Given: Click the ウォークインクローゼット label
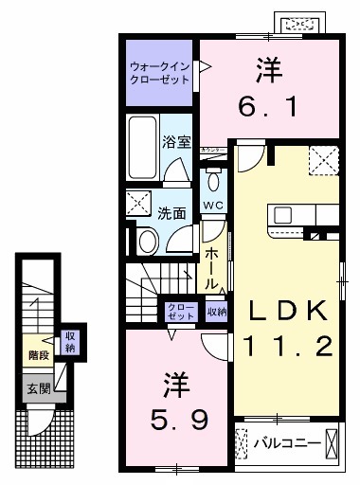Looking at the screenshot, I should [159, 73].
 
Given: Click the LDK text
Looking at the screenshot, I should [289, 311].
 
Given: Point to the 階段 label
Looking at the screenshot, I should [38, 355].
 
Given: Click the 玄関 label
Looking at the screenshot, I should [38, 387].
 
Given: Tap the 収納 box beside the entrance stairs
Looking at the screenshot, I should [69, 341].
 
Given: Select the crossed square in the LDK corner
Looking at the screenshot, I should [323, 161].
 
